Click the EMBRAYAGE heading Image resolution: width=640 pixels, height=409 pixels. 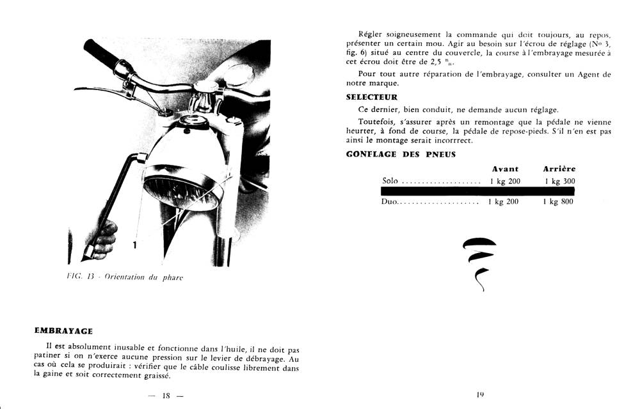(63, 331)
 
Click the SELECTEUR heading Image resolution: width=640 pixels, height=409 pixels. (371, 97)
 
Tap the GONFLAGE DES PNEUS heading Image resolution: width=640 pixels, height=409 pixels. (401, 154)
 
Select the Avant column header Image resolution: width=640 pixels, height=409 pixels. (505, 169)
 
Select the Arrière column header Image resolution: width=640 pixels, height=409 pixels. (559, 169)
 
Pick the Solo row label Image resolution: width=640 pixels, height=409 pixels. (390, 181)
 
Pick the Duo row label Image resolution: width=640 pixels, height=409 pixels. (390, 202)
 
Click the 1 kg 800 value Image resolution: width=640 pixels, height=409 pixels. (558, 202)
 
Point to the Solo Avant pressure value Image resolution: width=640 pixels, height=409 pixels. (505, 181)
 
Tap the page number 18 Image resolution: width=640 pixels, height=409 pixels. (165, 396)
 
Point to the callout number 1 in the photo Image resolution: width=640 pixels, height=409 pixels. (135, 244)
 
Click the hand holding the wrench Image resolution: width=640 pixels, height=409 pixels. (105, 237)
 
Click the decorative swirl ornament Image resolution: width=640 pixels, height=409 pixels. (479, 262)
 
